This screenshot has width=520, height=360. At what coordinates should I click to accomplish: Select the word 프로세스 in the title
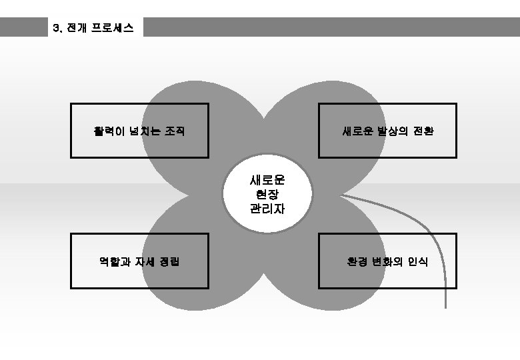point(112,28)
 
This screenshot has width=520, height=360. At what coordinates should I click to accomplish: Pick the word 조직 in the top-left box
point(175,131)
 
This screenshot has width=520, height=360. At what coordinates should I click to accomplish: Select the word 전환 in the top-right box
point(425,131)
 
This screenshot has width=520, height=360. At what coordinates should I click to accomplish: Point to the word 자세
point(141,261)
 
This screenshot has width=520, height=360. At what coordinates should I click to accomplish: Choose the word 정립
point(169,261)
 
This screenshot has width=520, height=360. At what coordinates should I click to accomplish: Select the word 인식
point(418,261)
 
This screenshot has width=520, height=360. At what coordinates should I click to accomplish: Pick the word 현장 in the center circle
point(267,195)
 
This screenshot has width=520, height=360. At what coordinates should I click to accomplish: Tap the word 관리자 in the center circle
point(267,209)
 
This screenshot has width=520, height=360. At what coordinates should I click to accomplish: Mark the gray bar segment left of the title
point(24,27)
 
